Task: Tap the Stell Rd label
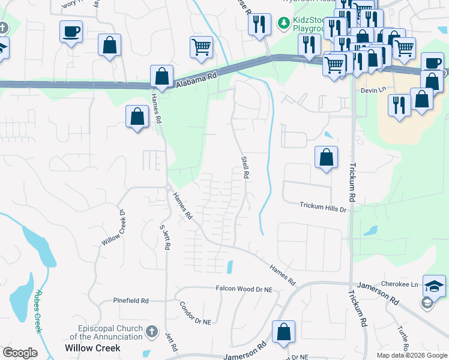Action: pos(245,167)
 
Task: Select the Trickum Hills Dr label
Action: pos(324,208)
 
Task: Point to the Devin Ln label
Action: pos(372,89)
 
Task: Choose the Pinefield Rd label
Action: pos(130,300)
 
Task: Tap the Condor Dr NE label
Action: pos(195,313)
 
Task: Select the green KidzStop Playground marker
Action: pos(282,23)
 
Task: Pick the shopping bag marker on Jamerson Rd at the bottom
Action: pos(283,332)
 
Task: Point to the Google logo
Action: pos(20,353)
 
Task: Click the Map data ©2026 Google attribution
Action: pos(411,355)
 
